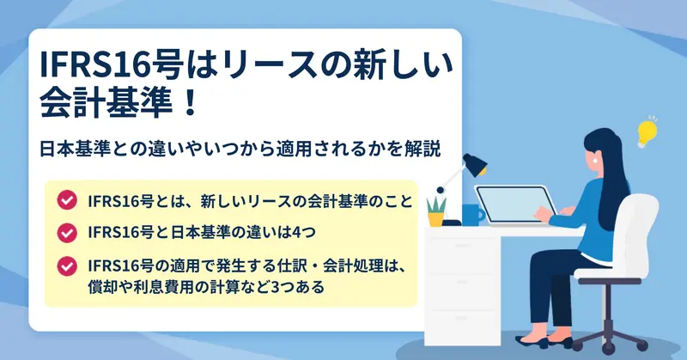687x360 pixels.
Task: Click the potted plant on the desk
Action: point(436,212)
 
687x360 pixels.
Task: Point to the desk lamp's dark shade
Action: point(476,164)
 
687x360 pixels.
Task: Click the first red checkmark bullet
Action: point(67,200)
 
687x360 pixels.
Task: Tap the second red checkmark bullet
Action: point(67,233)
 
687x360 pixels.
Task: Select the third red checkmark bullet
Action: point(67,266)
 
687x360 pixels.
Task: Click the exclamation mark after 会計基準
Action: point(190,103)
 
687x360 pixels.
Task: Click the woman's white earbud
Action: point(596,161)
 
